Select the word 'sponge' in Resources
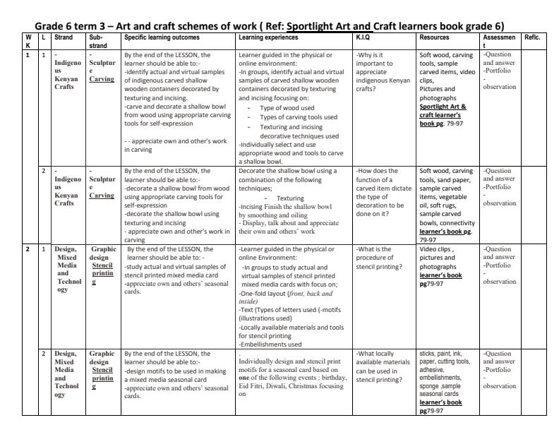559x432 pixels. tap(428, 388)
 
